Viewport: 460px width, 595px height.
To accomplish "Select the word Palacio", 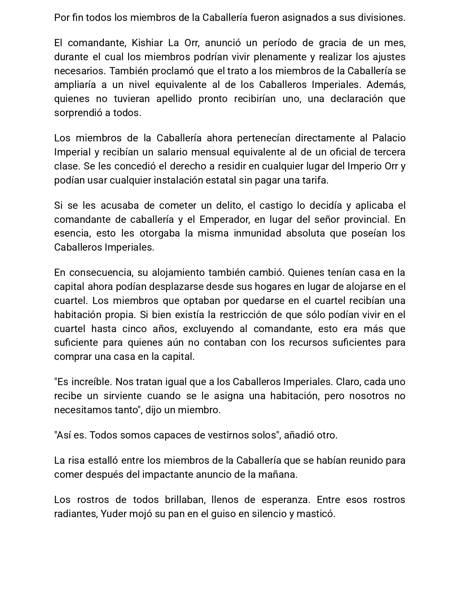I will pos(389,138).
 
